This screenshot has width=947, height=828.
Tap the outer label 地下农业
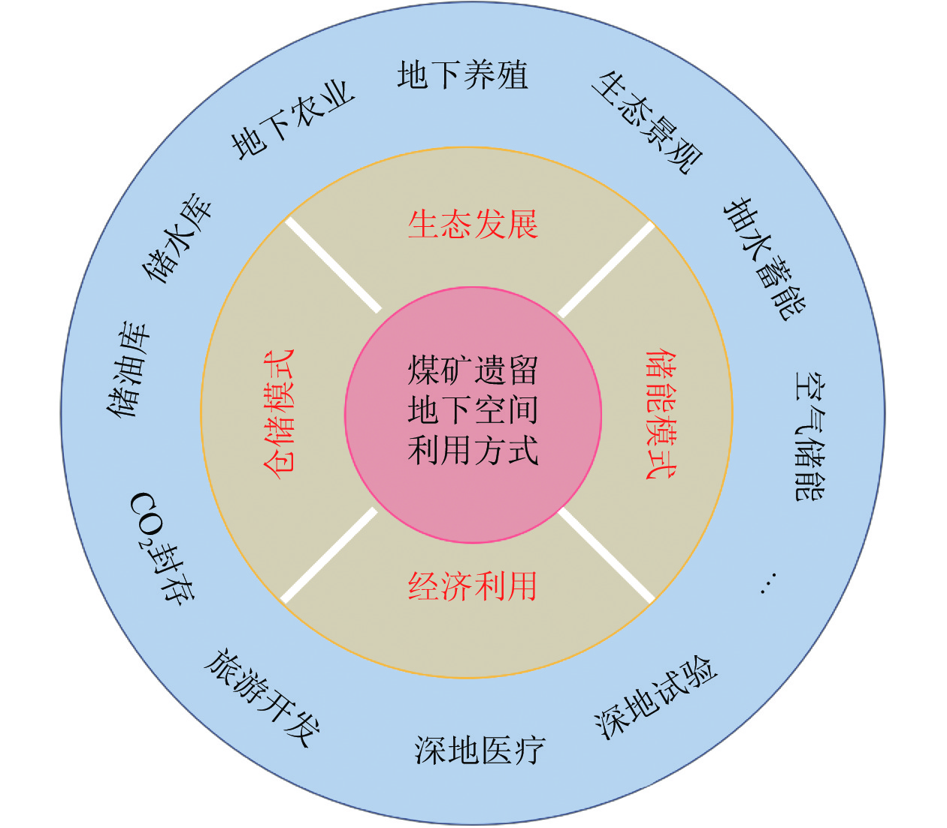(292, 120)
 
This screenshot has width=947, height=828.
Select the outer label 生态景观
(646, 122)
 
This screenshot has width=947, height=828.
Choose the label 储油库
(130, 370)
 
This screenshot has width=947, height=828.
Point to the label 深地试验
(655, 699)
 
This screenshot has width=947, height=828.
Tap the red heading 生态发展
(473, 224)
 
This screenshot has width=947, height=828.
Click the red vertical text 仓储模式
(280, 412)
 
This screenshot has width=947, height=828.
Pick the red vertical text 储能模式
(661, 412)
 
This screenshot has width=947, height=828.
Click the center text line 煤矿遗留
(473, 370)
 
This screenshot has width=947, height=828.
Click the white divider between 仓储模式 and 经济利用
(329, 555)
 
